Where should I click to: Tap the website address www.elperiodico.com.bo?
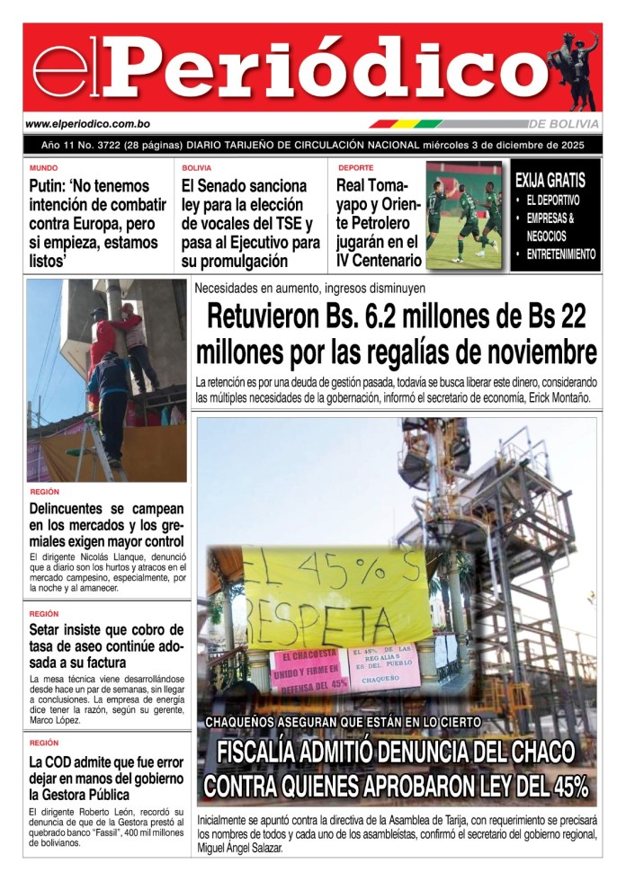tap(87, 124)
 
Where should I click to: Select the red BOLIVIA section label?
tap(197, 168)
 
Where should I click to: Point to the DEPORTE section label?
tap(356, 168)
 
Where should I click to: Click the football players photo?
tap(463, 216)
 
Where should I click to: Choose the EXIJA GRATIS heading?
tap(550, 181)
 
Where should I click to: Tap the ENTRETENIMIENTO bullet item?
tap(561, 254)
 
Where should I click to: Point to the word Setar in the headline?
tap(47, 629)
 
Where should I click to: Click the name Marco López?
tap(57, 720)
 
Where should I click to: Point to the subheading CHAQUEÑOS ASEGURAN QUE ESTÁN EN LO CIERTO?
tap(343, 722)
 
